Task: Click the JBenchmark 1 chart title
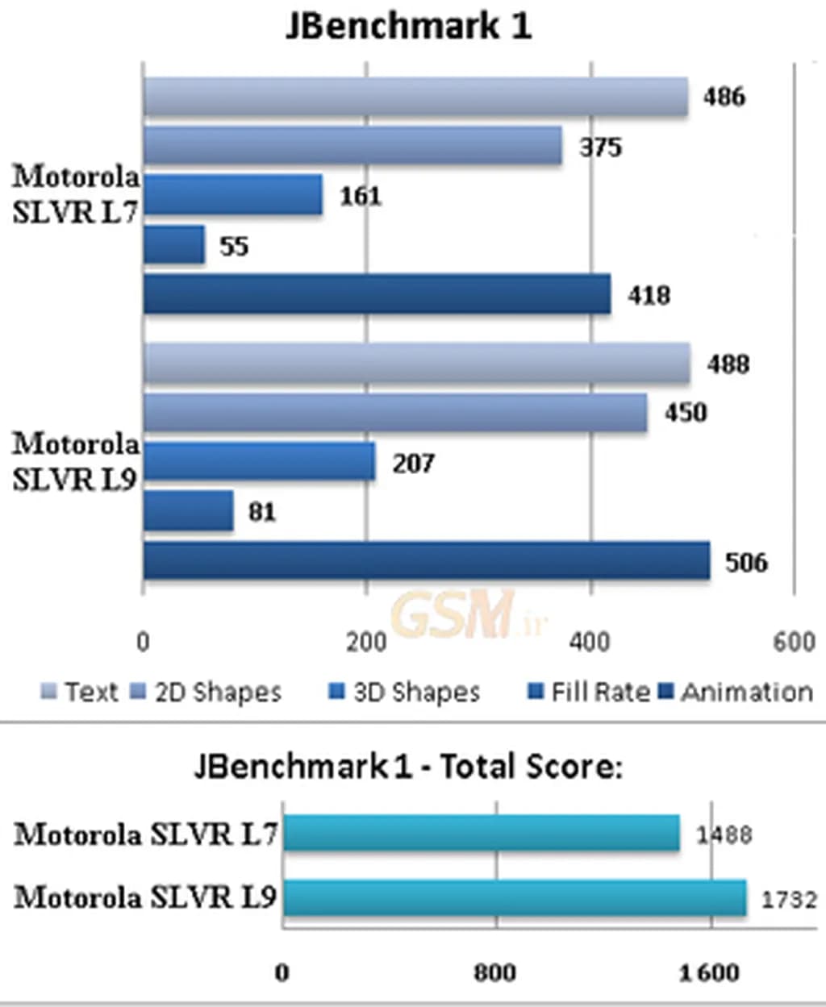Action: (x=409, y=27)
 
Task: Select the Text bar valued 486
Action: (x=415, y=97)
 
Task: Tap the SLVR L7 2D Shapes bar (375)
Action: (x=353, y=146)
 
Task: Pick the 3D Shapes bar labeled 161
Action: (x=232, y=195)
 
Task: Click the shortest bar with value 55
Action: (x=173, y=245)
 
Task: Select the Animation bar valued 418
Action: (x=377, y=294)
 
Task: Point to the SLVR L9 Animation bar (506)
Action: (x=426, y=561)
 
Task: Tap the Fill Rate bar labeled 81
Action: (x=188, y=511)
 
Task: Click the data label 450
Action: (x=685, y=413)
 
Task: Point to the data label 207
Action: (x=413, y=463)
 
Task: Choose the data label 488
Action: (x=728, y=364)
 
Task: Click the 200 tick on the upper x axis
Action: (x=366, y=642)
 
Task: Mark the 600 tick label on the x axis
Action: (x=794, y=642)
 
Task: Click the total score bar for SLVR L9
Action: (x=515, y=897)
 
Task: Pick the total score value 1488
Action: (x=724, y=834)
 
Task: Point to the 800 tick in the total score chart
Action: (x=494, y=972)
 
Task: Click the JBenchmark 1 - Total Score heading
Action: (x=408, y=765)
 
